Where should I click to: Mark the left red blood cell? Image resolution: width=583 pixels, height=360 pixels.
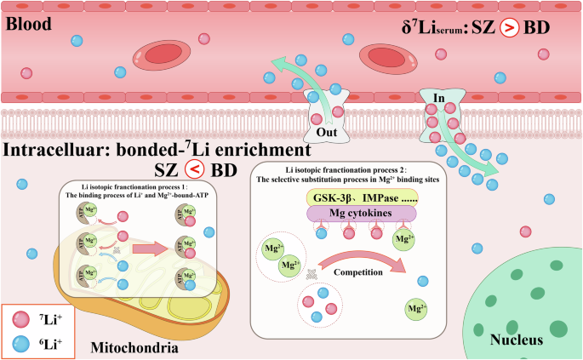click(x=158, y=53)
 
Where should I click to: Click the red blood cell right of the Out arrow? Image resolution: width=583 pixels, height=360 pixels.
click(x=386, y=58)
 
